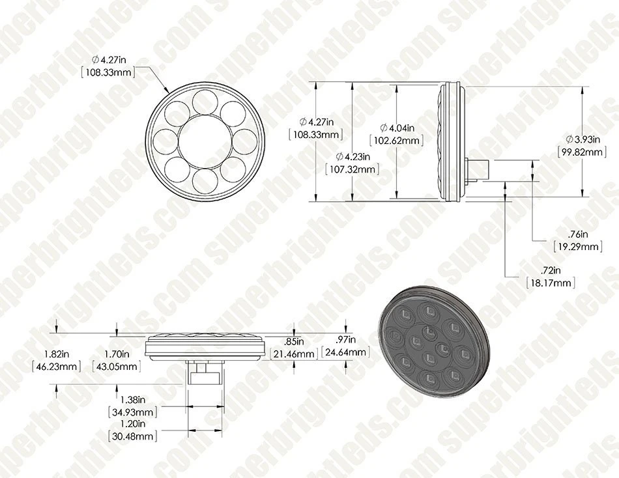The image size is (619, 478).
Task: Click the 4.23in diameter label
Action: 352,156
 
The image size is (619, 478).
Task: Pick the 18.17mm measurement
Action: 551,283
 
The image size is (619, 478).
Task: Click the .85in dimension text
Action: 295,341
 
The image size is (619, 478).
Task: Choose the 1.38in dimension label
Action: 131,399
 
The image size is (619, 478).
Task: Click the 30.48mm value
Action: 131,436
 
